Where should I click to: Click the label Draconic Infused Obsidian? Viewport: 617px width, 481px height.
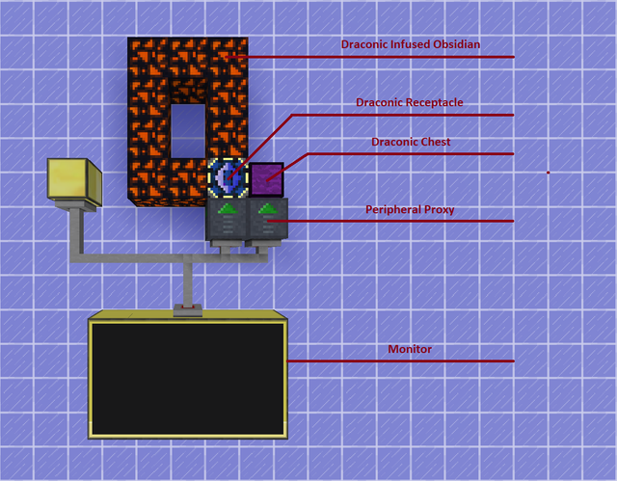point(411,44)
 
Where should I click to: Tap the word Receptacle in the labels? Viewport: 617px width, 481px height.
point(431,103)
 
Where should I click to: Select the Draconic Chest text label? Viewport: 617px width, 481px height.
point(411,142)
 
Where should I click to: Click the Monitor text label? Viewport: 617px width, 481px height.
point(410,350)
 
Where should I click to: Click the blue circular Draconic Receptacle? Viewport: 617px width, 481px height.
point(227,178)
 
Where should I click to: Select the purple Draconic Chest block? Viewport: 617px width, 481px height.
point(267,177)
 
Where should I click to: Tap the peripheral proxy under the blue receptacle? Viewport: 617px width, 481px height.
point(227,224)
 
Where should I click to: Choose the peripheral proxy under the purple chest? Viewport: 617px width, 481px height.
point(267,224)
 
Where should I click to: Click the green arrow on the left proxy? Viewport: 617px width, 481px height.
point(228,207)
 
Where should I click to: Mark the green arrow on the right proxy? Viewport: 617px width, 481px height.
point(268,207)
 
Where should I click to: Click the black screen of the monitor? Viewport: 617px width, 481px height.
point(188,377)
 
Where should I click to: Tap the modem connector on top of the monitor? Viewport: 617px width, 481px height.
point(188,309)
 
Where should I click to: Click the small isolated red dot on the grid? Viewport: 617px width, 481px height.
point(548,173)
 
